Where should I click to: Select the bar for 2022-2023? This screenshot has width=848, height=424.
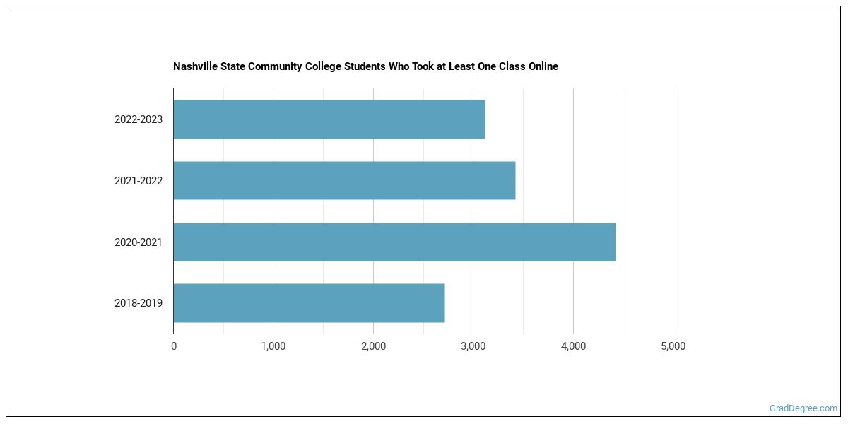point(329,119)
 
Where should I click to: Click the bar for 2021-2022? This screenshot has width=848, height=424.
point(344,181)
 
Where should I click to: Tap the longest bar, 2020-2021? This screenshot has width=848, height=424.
point(394,242)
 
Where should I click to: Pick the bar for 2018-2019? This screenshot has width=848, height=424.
point(309,303)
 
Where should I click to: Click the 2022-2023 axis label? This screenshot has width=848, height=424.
point(139,119)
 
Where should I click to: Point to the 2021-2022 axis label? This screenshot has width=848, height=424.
point(139,181)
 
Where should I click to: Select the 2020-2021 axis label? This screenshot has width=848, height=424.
point(139,242)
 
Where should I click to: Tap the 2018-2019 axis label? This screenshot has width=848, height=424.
point(139,303)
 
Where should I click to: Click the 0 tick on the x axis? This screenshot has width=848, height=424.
point(174,346)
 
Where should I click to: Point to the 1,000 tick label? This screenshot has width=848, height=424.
point(273,346)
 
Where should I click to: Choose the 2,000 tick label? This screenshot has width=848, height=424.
point(373,346)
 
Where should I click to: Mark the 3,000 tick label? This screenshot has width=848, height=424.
point(473,346)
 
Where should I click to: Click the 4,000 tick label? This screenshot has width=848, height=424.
point(573,346)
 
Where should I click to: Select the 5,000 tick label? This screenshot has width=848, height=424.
point(673,346)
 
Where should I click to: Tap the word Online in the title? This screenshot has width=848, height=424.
point(542,66)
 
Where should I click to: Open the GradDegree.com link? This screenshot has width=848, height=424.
point(803,408)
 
